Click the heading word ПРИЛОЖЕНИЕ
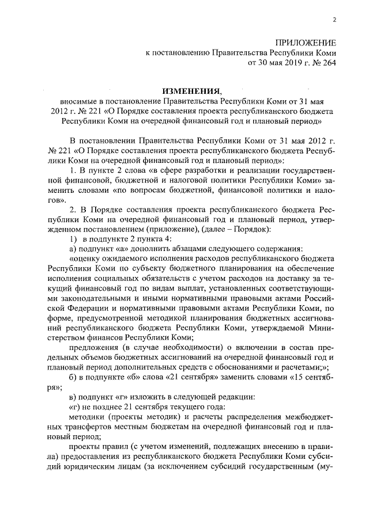pyautogui.click(x=306, y=43)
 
